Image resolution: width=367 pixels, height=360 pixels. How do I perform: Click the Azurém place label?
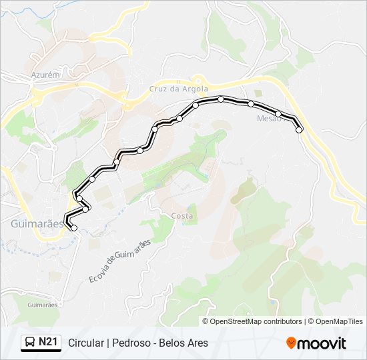tap(45, 75)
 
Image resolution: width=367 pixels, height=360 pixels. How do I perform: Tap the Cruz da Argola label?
tap(179, 89)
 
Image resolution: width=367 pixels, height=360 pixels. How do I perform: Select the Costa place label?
tap(182, 216)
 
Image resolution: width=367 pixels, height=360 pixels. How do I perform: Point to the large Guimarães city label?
tap(37, 224)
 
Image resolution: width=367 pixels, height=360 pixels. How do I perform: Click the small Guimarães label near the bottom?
tap(43, 304)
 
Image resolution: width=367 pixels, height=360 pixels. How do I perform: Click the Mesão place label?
tap(270, 119)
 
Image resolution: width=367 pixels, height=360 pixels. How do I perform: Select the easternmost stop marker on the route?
tap(300, 130)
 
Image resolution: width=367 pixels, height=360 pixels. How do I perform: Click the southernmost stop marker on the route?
tap(74, 229)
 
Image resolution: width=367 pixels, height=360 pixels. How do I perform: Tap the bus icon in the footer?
tap(30, 343)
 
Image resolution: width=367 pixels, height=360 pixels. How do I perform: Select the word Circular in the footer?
tap(85, 343)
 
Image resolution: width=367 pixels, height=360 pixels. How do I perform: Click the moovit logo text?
tap(322, 343)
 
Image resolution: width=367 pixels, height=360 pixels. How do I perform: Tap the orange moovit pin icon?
tap(291, 343)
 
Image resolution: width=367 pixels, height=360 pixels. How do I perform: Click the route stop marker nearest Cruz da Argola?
tap(196, 105)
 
